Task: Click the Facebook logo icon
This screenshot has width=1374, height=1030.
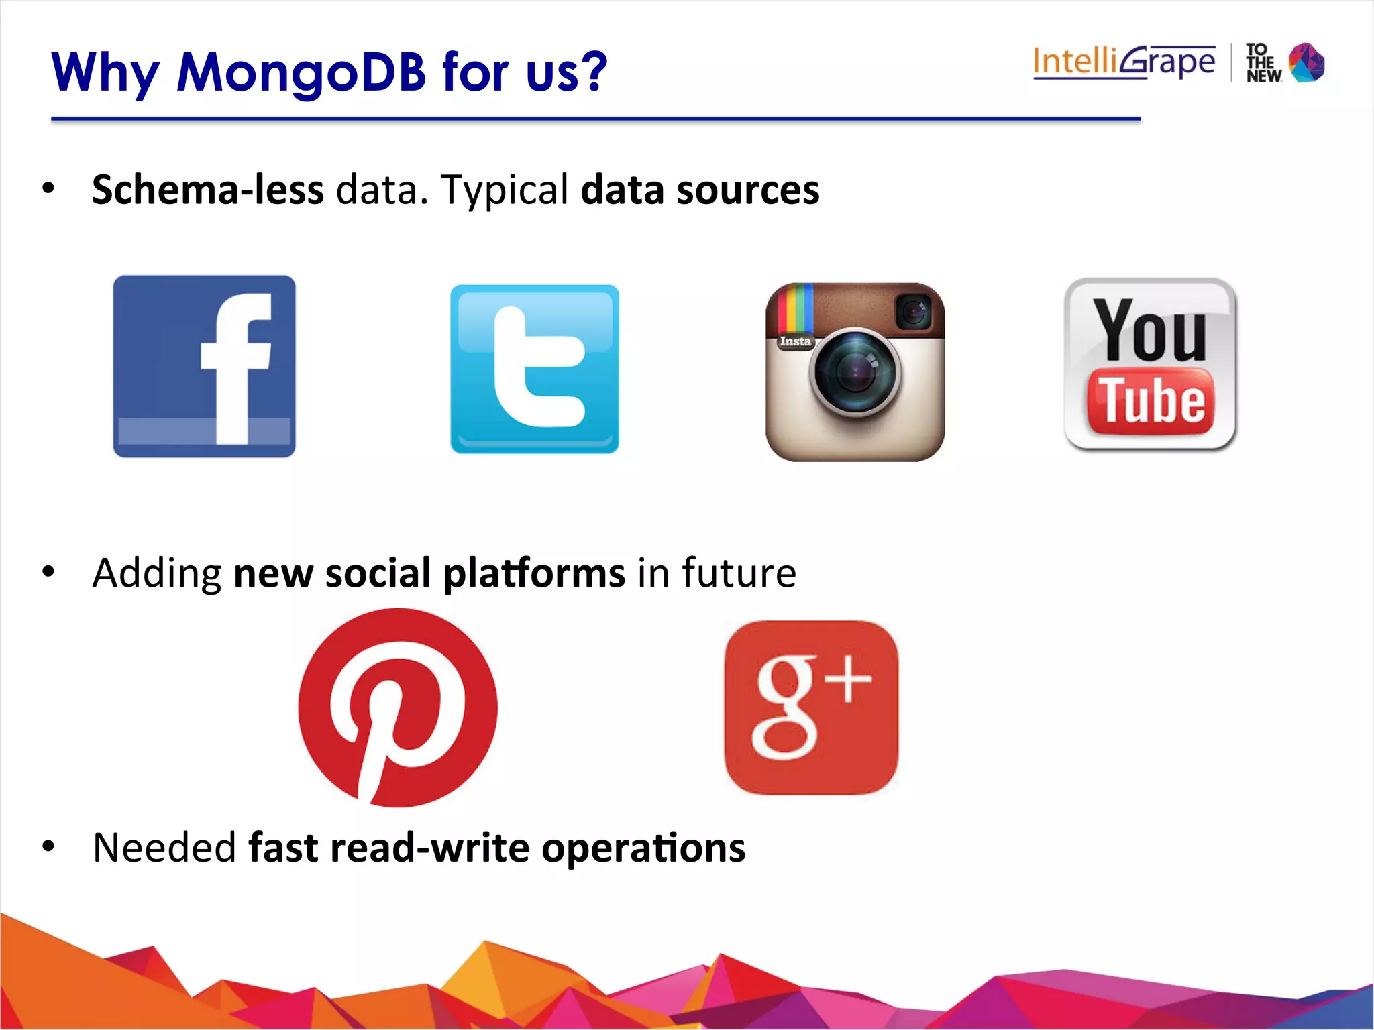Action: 204,366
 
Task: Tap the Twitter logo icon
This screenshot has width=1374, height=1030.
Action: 535,369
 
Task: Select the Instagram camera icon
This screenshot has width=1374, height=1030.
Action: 855,371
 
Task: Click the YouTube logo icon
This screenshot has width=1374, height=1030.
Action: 1150,364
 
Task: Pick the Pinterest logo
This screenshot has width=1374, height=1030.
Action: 398,707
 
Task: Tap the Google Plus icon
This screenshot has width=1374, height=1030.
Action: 811,707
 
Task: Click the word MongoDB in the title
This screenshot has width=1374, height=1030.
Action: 301,72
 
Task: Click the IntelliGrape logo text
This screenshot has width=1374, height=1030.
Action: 1124,62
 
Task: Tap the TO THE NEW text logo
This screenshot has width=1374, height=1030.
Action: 1263,63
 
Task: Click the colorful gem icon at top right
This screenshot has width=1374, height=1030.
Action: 1307,63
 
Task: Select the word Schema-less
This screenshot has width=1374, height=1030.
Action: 208,190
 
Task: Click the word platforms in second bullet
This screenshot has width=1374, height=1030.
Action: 534,574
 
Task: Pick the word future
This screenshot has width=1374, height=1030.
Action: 739,573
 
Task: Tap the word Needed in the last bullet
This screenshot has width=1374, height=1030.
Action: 164,848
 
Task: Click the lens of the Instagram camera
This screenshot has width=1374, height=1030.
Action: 854,373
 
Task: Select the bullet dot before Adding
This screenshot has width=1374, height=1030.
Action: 48,572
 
